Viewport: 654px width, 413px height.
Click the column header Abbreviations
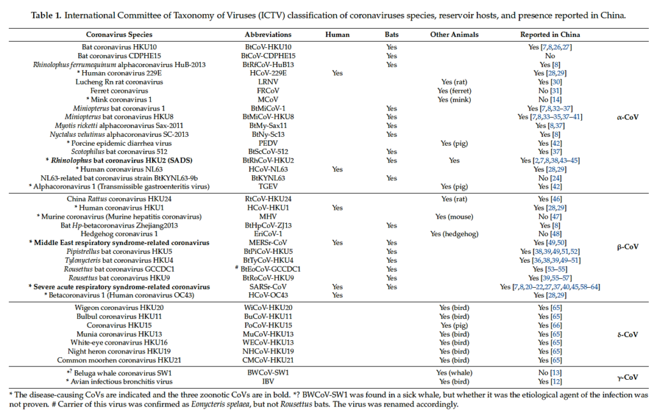[x=268, y=35]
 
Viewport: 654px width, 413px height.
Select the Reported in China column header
[x=550, y=35]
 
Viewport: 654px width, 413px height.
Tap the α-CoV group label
[x=627, y=117]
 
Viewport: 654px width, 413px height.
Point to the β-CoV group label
[x=627, y=247]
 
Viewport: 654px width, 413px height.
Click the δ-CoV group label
[x=627, y=334]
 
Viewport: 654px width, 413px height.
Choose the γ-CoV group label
[x=627, y=377]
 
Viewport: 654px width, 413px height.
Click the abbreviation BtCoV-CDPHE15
[x=268, y=56]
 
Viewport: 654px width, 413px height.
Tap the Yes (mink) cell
[x=454, y=99]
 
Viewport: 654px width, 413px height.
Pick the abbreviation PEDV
[x=268, y=143]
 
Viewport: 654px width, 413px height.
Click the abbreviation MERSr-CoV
[x=268, y=243]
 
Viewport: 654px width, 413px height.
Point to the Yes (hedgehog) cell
[x=454, y=234]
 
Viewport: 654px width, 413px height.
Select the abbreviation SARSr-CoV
[x=268, y=287]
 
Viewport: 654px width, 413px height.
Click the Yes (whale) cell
[x=454, y=373]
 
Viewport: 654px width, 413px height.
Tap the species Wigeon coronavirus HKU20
[x=119, y=308]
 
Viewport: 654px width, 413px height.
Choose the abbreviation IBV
[x=268, y=381]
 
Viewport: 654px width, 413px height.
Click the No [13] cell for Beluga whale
[x=550, y=373]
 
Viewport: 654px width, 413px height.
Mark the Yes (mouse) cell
[x=454, y=217]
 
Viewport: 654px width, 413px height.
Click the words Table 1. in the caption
[x=46, y=15]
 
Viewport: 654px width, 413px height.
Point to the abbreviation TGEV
[x=268, y=187]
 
